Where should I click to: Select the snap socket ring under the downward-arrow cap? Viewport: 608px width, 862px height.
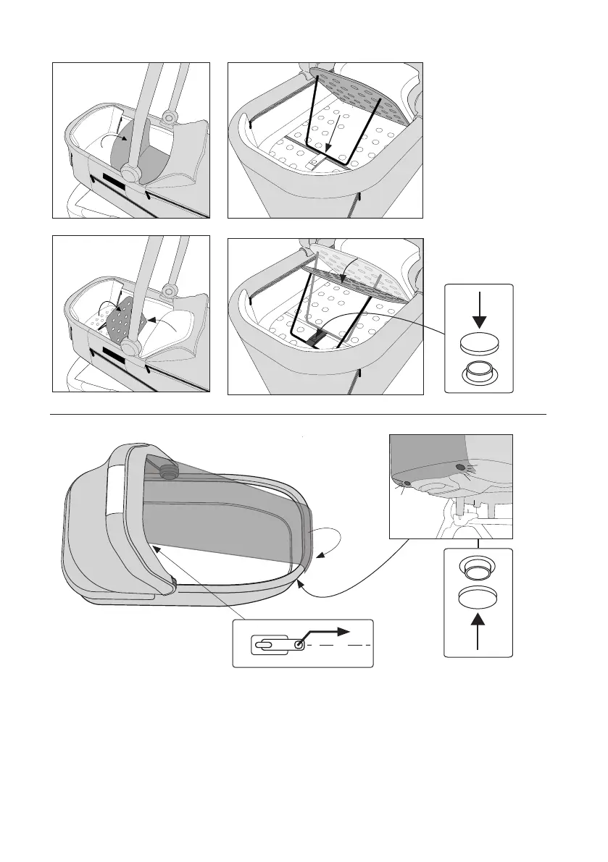click(478, 373)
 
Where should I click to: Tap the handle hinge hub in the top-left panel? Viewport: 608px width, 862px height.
click(130, 174)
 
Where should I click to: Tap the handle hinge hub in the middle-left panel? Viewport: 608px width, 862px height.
click(130, 348)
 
